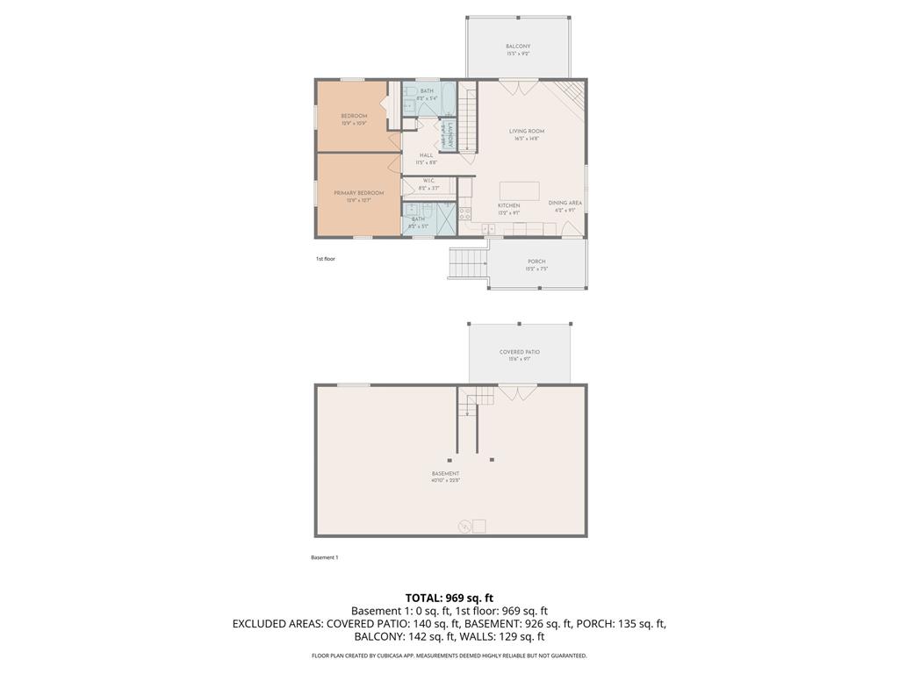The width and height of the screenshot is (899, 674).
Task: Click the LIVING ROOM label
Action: (527, 132)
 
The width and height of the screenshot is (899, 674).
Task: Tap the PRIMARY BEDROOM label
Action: (358, 193)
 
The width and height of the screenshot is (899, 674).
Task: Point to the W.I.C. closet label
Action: (428, 181)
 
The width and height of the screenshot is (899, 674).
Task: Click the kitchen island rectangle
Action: (519, 190)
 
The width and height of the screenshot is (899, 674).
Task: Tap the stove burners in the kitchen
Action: (465, 213)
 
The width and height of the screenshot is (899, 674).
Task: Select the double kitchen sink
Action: (488, 228)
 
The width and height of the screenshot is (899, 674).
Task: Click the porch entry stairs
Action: (468, 262)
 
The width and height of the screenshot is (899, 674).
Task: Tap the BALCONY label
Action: (518, 47)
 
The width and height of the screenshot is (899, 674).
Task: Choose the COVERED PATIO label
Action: (520, 352)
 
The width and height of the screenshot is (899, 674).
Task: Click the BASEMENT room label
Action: (445, 474)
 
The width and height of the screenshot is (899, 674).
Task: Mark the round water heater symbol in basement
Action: (464, 527)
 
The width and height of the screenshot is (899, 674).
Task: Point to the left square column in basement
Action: (450, 459)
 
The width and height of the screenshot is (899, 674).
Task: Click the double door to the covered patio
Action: (518, 392)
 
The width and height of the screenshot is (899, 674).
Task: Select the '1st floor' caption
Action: (326, 259)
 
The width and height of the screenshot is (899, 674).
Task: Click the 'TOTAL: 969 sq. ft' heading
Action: (449, 598)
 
